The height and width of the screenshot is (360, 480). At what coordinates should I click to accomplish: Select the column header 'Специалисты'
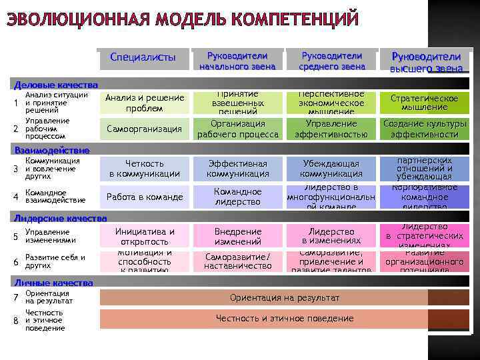click(x=143, y=57)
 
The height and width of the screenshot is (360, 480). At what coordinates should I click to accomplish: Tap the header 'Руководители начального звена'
click(x=237, y=61)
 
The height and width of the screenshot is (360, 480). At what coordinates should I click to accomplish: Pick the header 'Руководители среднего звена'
click(x=332, y=61)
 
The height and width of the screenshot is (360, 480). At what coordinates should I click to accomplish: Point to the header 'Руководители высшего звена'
click(x=425, y=61)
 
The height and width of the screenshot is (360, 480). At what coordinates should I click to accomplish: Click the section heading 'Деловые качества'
click(x=57, y=85)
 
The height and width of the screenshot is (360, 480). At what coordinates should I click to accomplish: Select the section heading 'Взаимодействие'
click(x=51, y=151)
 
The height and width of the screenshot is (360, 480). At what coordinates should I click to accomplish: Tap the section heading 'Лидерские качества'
click(x=61, y=218)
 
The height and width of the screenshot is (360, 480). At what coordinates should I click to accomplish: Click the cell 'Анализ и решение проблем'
click(x=145, y=103)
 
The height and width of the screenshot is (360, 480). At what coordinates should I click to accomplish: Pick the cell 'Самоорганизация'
click(x=145, y=129)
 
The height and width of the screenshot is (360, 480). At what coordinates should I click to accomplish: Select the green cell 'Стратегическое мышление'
click(x=425, y=103)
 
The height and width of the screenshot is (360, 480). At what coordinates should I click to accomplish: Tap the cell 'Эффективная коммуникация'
click(x=238, y=169)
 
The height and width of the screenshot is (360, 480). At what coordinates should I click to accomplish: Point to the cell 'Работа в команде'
click(x=145, y=197)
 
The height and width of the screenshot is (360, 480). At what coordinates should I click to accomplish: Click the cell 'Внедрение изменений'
click(x=238, y=237)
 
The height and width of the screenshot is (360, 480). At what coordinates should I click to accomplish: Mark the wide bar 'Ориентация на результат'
click(x=285, y=297)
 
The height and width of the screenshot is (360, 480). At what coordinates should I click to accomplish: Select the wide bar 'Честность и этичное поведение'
click(x=285, y=318)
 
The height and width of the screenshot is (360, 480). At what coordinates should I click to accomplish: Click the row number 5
click(x=15, y=237)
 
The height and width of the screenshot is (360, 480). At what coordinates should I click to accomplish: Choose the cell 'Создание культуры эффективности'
click(x=425, y=129)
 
